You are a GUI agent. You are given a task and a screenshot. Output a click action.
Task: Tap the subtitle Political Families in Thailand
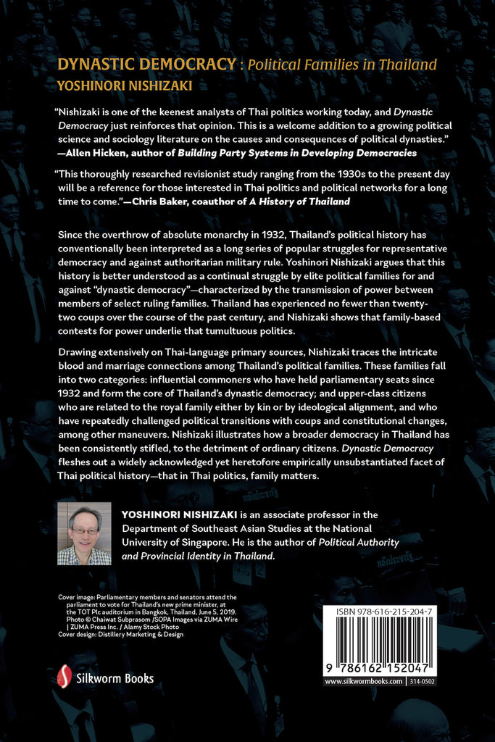coord(342,64)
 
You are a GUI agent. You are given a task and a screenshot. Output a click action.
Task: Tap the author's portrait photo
coord(84,533)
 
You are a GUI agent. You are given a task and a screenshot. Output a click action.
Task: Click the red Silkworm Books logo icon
coord(64,677)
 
